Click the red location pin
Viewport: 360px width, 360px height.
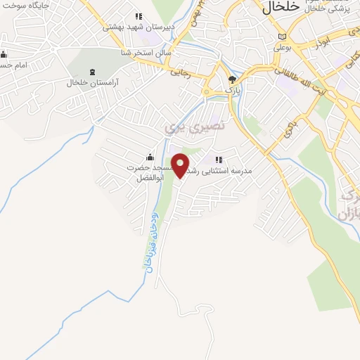(x=181, y=165)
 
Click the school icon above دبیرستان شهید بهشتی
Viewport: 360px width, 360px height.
(x=139, y=16)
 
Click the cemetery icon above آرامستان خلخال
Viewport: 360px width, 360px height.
(x=92, y=72)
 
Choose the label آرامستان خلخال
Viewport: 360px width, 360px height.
(x=92, y=83)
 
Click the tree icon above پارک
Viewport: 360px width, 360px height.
(x=233, y=79)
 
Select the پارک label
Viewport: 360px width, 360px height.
(x=232, y=91)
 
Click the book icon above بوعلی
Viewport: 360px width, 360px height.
(x=283, y=37)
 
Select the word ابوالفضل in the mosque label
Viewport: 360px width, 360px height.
(x=149, y=179)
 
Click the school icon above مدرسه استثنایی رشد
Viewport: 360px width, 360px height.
(x=219, y=160)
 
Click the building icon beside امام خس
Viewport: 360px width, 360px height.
(x=4, y=54)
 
